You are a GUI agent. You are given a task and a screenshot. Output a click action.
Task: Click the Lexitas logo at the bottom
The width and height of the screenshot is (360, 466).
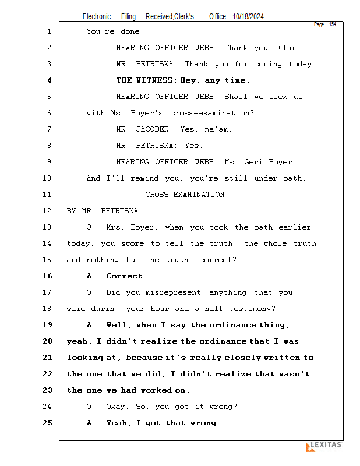click(324, 446)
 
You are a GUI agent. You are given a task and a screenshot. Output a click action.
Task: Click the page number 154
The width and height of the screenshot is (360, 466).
click(333, 24)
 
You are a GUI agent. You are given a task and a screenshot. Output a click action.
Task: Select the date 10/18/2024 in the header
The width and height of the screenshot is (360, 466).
click(248, 17)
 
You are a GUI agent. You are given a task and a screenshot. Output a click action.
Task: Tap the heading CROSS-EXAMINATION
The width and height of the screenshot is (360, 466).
click(185, 195)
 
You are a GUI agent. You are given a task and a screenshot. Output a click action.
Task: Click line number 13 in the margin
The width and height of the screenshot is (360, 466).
click(47, 227)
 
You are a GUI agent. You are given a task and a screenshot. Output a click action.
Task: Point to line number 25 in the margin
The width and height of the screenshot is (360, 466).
click(47, 423)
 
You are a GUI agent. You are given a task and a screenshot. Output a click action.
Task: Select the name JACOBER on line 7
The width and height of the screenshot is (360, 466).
click(152, 129)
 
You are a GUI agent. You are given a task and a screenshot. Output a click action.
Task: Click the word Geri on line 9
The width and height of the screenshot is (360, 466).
click(253, 162)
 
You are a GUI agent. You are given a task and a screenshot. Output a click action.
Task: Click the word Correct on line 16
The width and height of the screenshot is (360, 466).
click(124, 276)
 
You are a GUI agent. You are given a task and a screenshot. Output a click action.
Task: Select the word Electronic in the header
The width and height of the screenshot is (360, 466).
click(97, 17)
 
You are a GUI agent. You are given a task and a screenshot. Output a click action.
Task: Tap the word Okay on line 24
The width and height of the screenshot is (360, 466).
click(115, 407)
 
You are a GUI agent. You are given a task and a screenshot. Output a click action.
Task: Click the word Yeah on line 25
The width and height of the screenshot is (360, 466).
click(117, 423)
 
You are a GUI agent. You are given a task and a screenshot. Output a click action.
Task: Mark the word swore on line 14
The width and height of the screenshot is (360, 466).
click(132, 243)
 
